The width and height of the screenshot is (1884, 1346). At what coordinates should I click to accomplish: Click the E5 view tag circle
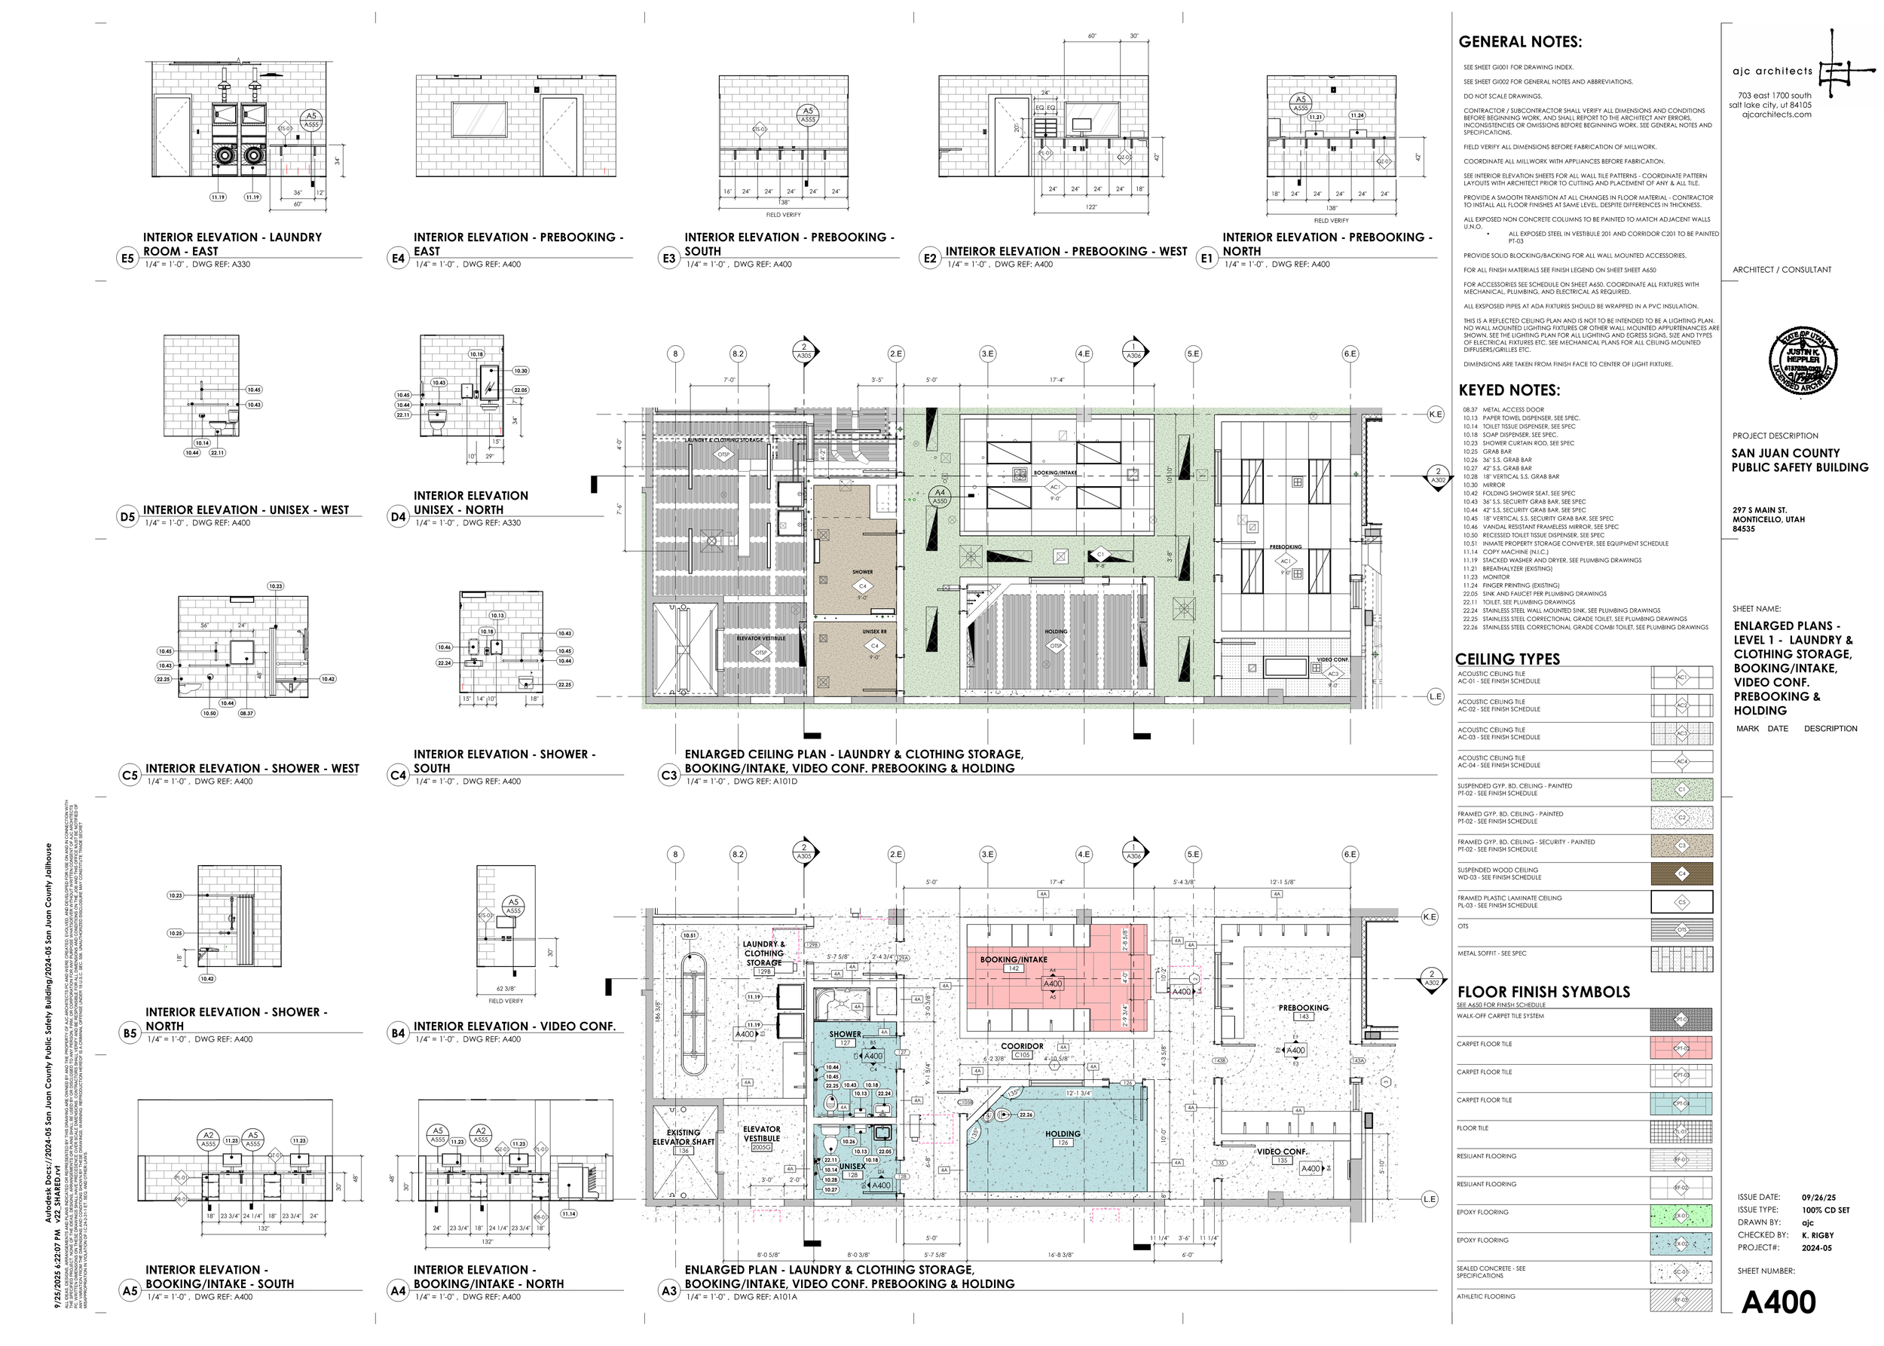[x=127, y=258]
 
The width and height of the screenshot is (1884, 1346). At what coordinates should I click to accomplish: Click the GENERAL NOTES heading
[x=1519, y=42]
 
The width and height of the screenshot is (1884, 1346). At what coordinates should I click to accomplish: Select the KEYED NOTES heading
[x=1509, y=390]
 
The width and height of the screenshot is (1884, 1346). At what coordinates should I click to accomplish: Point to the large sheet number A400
[x=1778, y=1302]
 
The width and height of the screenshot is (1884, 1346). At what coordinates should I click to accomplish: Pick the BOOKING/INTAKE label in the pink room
[x=1014, y=960]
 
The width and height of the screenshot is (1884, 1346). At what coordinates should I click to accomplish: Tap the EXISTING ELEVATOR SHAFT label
[x=684, y=1137]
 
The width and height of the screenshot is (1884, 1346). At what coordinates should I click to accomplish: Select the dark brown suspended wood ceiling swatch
[x=1681, y=873]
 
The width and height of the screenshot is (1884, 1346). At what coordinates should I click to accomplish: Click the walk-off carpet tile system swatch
[x=1681, y=1020]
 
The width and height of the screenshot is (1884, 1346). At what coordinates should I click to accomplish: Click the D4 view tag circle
[x=398, y=517]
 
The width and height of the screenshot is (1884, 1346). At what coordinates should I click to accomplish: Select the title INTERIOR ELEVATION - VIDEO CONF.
[x=515, y=1026]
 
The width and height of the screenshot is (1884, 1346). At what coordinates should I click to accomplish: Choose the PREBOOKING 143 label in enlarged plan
[x=1303, y=1012]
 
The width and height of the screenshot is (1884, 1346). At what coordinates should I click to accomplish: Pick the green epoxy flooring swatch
[x=1681, y=1216]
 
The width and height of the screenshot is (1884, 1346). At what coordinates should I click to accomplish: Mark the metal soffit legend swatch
[x=1681, y=959]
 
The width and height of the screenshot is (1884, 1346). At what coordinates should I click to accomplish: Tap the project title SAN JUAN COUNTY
[x=1785, y=454]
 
